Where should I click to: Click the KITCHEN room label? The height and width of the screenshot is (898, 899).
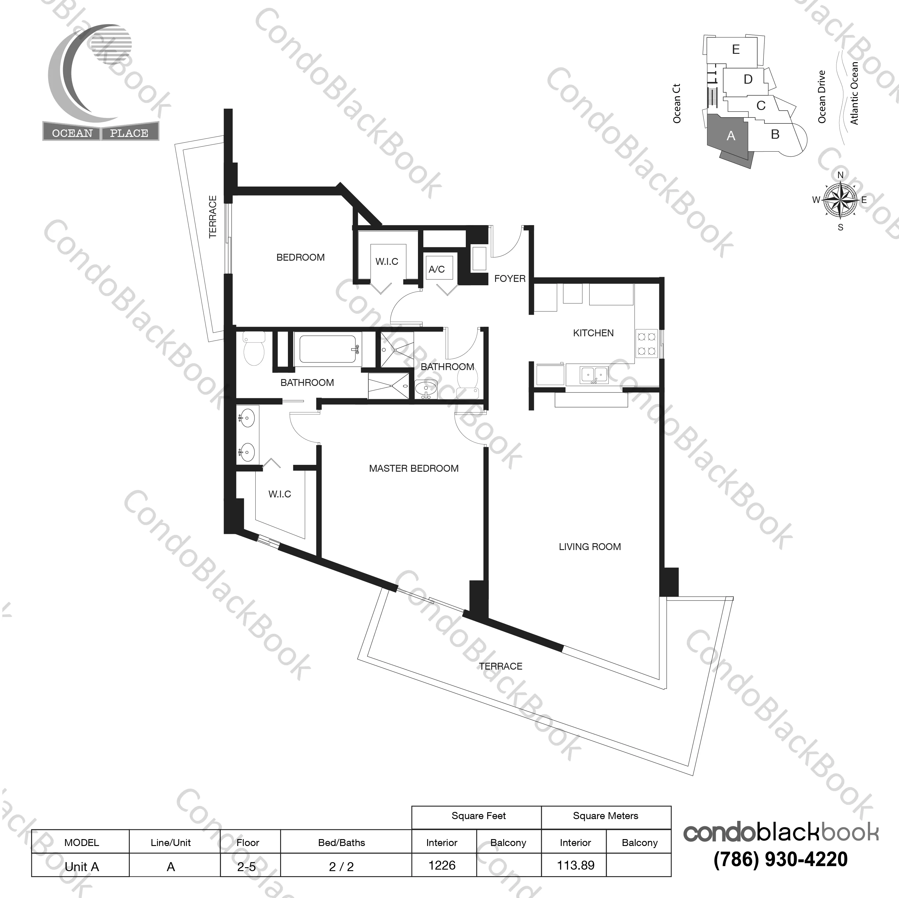pos(593,333)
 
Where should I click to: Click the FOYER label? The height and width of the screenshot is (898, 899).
pos(509,279)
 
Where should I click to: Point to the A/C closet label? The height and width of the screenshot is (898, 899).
pos(436,269)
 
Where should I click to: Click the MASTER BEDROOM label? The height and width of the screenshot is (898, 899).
pos(414,468)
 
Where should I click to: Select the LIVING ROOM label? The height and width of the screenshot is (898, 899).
pos(590,547)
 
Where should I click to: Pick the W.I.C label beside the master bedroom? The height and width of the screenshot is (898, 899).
pos(280,494)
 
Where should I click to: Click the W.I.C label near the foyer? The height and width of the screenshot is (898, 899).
pos(387,262)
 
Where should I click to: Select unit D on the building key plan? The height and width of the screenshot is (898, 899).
pos(748,80)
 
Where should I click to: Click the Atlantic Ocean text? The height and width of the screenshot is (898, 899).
pos(854,93)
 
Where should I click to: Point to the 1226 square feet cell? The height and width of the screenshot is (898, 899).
pos(442,865)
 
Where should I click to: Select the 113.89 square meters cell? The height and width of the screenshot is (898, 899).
pos(575,865)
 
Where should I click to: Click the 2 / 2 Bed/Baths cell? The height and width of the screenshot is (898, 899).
pos(341,866)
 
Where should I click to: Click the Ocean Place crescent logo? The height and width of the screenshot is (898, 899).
pos(88,74)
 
